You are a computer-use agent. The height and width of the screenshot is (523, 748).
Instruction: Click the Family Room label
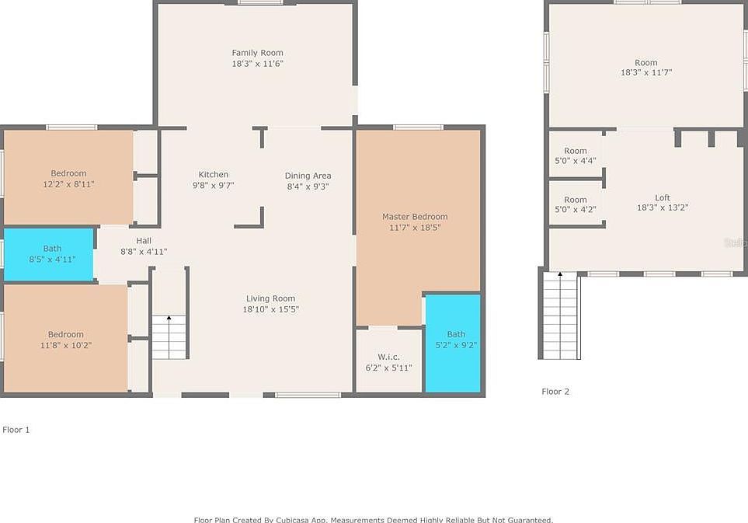[257, 53]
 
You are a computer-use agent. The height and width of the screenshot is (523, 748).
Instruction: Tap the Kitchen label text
[214, 175]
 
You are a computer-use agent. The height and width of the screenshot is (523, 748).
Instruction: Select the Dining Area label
[308, 176]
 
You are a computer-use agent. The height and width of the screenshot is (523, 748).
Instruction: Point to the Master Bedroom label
[415, 217]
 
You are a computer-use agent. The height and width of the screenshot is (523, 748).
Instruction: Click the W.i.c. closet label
[388, 357]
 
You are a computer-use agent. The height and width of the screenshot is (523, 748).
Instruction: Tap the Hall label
[144, 241]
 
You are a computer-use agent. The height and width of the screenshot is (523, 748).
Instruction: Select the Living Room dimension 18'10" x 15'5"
[270, 309]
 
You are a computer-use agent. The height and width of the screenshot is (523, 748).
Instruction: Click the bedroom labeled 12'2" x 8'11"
[68, 179]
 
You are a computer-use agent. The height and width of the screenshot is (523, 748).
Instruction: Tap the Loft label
[662, 198]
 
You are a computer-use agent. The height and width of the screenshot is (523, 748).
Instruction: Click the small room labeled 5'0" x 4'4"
[576, 155]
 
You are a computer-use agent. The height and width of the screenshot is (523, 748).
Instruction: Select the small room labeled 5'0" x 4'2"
[576, 204]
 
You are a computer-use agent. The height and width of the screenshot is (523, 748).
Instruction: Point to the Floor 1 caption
[16, 429]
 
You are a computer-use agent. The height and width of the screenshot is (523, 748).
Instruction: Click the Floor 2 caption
[555, 392]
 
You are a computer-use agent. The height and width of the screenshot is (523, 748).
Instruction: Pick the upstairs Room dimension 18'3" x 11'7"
[646, 73]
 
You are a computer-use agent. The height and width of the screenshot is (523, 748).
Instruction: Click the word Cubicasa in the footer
[292, 519]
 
